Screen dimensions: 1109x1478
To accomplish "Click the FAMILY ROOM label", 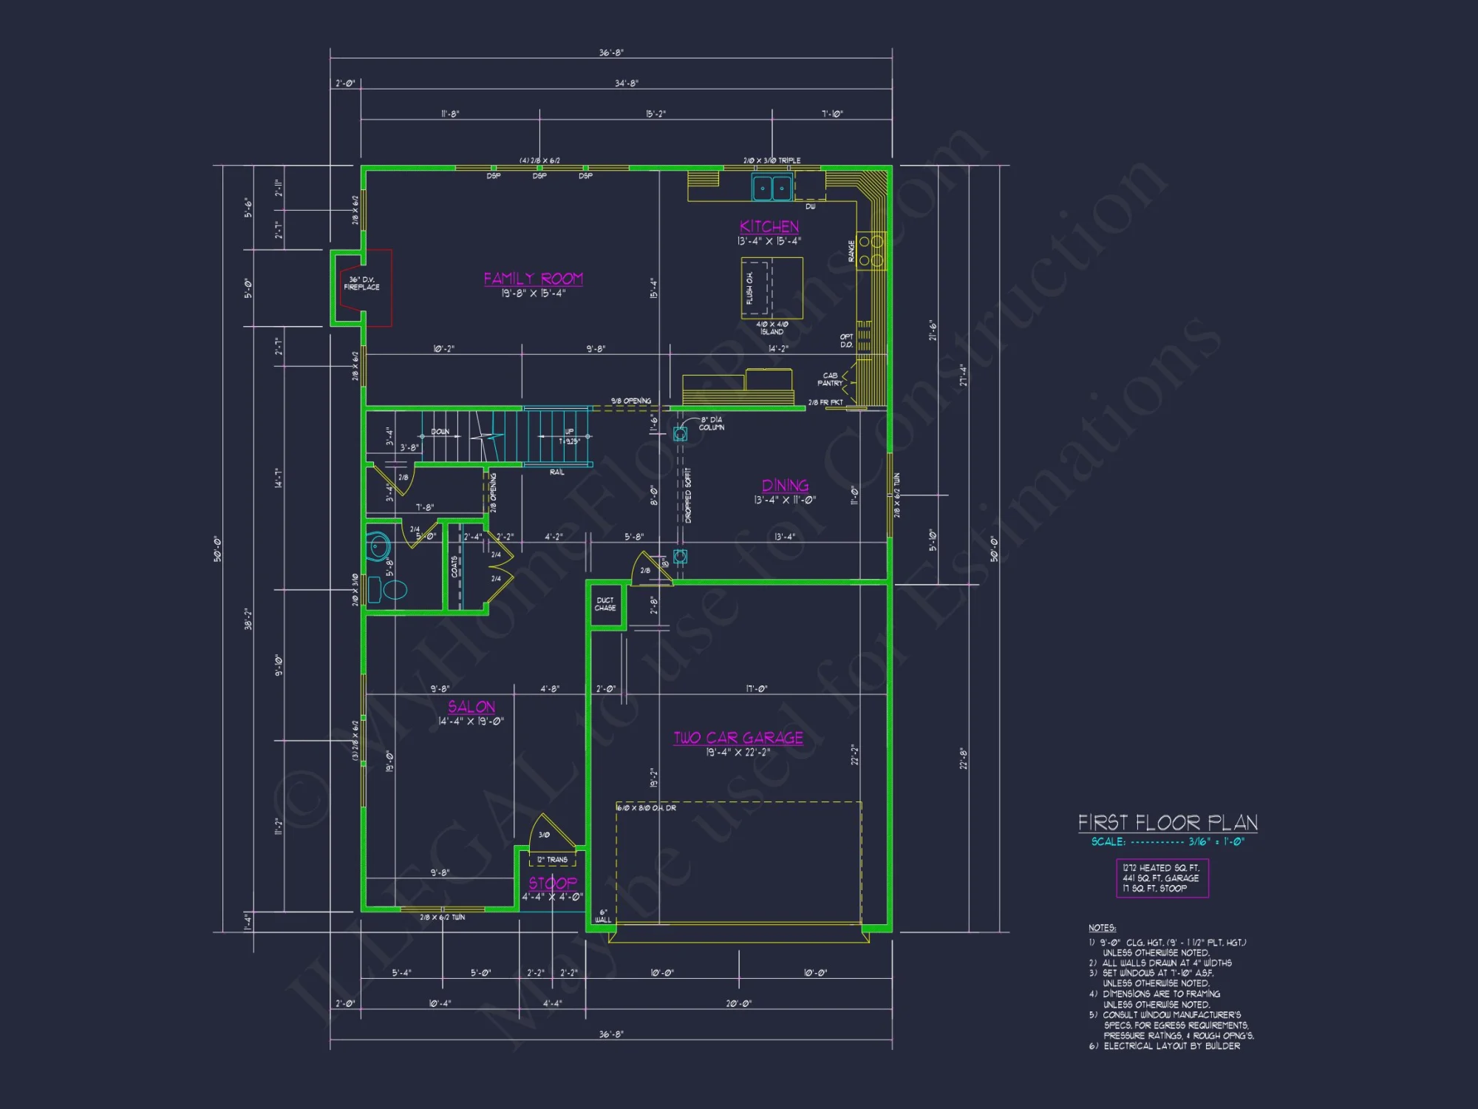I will click(533, 279).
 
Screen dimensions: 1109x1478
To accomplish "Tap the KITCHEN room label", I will click(769, 227).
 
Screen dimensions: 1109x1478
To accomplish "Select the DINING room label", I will click(785, 486).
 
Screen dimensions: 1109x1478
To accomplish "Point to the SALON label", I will click(471, 707).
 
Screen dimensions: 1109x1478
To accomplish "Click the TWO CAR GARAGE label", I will click(738, 738).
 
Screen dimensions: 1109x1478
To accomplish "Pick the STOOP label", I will click(552, 883).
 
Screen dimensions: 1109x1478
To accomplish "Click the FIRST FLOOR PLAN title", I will click(1168, 823).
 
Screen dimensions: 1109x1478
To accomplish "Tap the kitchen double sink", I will click(772, 188).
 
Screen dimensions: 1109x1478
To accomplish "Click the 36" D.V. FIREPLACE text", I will click(361, 283).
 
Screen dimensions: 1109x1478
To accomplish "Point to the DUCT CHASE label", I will click(605, 604).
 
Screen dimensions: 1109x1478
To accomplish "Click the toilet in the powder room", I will click(392, 590).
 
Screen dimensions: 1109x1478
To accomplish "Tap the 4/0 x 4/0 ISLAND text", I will click(772, 328).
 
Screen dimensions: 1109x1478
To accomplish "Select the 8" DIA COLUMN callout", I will click(711, 424).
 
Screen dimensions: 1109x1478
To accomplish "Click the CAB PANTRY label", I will click(830, 379).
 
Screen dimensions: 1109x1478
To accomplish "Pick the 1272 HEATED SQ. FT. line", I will click(1161, 868).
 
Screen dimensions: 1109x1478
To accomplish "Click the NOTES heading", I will click(1102, 928).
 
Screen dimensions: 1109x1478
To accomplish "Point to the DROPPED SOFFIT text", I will click(688, 495).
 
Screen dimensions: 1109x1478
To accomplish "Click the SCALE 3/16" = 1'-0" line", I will click(1168, 842).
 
